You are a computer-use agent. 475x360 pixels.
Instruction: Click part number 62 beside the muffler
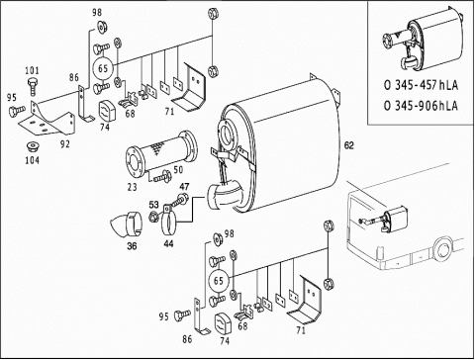[348, 145]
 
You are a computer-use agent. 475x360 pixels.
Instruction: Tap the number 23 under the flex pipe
[132, 187]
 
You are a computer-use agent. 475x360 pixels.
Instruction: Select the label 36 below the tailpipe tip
[132, 246]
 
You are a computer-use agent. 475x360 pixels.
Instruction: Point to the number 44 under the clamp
[168, 243]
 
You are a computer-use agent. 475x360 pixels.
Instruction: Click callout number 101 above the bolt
[32, 70]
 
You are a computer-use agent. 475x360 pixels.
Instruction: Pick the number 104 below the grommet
[33, 160]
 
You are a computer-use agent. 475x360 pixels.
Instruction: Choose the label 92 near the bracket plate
[65, 144]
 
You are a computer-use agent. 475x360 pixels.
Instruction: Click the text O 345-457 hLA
[421, 85]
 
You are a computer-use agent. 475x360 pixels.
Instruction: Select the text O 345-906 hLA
[421, 106]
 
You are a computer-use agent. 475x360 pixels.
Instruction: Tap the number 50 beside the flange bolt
[178, 170]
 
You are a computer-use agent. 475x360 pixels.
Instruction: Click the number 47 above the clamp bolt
[184, 187]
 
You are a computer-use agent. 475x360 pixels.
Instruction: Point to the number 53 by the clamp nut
[153, 205]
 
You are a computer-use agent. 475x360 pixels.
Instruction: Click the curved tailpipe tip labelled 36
[126, 225]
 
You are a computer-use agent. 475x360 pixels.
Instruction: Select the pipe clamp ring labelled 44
[168, 223]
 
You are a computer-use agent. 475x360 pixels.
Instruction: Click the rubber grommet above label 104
[33, 146]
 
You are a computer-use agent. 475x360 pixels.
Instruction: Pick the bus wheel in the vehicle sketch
[443, 249]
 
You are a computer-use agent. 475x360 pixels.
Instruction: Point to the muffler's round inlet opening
[228, 135]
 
